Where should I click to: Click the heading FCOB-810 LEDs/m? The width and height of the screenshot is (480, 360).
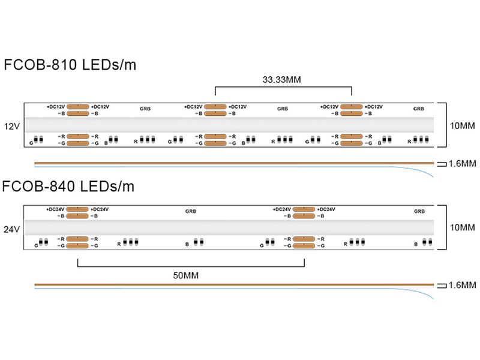coord(69,65)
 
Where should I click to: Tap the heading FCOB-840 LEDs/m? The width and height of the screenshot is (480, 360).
coord(69,187)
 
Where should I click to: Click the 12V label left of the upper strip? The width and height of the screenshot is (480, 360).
coord(11,127)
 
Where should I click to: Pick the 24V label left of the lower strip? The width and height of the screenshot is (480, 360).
coord(11,229)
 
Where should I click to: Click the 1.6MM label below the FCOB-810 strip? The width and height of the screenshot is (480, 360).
coord(462,163)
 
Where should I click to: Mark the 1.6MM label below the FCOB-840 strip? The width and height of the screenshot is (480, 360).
coord(462,286)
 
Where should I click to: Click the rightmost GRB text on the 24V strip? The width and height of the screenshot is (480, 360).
coord(419,211)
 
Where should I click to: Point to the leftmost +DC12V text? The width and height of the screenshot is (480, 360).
coord(56,107)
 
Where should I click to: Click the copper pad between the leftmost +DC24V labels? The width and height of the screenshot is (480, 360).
coord(77,209)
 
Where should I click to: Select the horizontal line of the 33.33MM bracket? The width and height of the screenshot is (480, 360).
coord(283,87)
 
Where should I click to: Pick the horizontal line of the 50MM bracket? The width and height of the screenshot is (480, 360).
coord(191,267)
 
